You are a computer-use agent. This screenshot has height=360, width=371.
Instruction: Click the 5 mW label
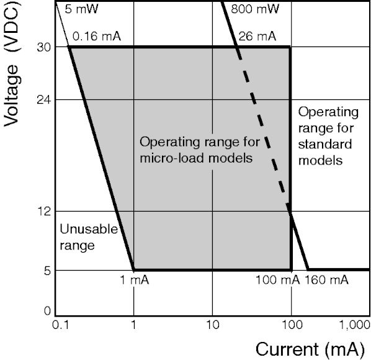81,9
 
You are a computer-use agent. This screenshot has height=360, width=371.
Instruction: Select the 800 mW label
255,9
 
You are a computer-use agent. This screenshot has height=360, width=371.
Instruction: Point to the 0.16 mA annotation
97,37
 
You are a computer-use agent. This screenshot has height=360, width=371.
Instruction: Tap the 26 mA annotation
257,37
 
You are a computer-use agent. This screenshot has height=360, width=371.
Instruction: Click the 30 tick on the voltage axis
44,48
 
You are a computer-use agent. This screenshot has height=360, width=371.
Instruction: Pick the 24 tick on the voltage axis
44,100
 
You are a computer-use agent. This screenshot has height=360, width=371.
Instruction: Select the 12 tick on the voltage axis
44,212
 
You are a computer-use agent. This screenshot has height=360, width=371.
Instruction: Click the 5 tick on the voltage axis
47,271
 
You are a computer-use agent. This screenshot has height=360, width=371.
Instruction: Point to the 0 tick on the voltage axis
47,310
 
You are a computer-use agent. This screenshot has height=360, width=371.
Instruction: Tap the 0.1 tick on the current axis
60,325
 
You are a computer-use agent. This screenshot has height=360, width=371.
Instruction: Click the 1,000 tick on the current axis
355,326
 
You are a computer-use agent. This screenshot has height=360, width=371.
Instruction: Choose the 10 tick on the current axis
212,325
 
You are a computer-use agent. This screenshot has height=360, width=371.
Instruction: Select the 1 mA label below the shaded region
135,280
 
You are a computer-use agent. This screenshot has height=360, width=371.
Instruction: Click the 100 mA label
278,280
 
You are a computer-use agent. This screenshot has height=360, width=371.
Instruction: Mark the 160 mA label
326,280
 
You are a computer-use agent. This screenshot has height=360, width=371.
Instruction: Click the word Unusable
89,229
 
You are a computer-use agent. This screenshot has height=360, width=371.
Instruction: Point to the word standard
325,145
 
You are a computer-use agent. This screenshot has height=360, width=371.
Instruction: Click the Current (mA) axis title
310,349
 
